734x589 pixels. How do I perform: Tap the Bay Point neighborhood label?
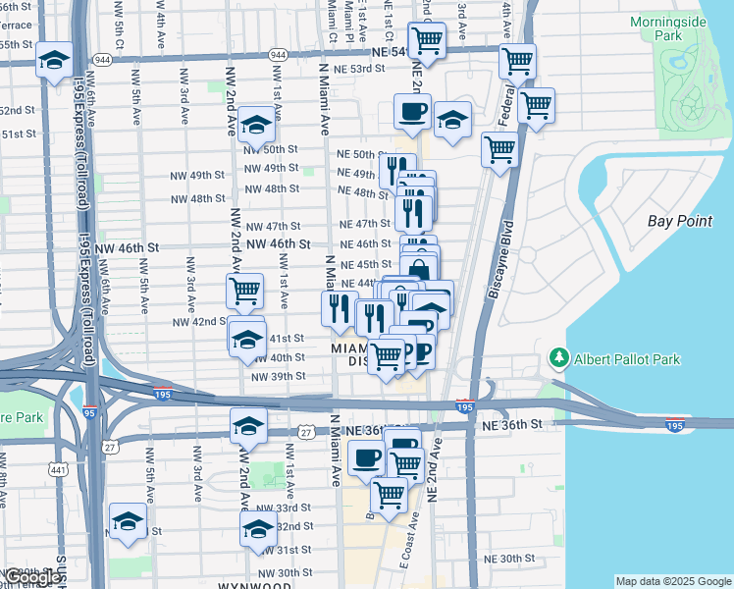click(x=680, y=221)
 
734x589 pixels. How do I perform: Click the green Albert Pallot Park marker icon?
click(x=558, y=358)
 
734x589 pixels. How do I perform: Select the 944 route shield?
click(x=279, y=57)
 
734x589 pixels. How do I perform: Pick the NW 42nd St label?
click(x=200, y=322)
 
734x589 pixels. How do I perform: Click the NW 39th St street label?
click(x=279, y=377)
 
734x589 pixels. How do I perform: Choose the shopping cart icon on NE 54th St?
click(x=427, y=40)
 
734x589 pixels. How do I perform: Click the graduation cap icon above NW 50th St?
click(x=256, y=124)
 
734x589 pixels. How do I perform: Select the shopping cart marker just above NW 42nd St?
click(x=244, y=290)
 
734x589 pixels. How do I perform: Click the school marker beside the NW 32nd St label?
click(x=258, y=530)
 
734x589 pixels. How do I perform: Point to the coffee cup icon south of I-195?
click(x=367, y=456)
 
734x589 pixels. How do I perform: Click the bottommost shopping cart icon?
click(x=389, y=495)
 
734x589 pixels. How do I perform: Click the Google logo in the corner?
click(x=32, y=577)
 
